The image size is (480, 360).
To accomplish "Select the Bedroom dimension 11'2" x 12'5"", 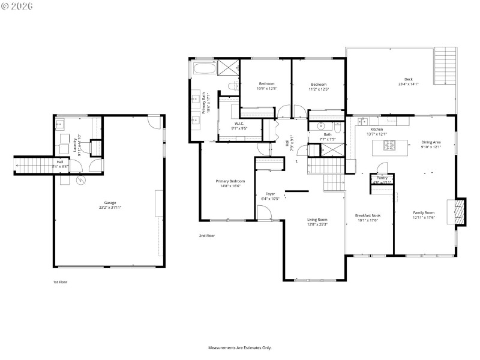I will pyautogui.click(x=319, y=89).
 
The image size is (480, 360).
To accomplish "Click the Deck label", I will pyautogui.click(x=408, y=82).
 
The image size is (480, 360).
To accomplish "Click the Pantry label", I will pyautogui.click(x=382, y=178).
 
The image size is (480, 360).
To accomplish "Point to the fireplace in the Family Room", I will pyautogui.click(x=459, y=212).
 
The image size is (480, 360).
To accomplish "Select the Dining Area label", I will pyautogui.click(x=431, y=143).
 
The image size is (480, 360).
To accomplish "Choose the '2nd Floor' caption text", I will pyautogui.click(x=207, y=236).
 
